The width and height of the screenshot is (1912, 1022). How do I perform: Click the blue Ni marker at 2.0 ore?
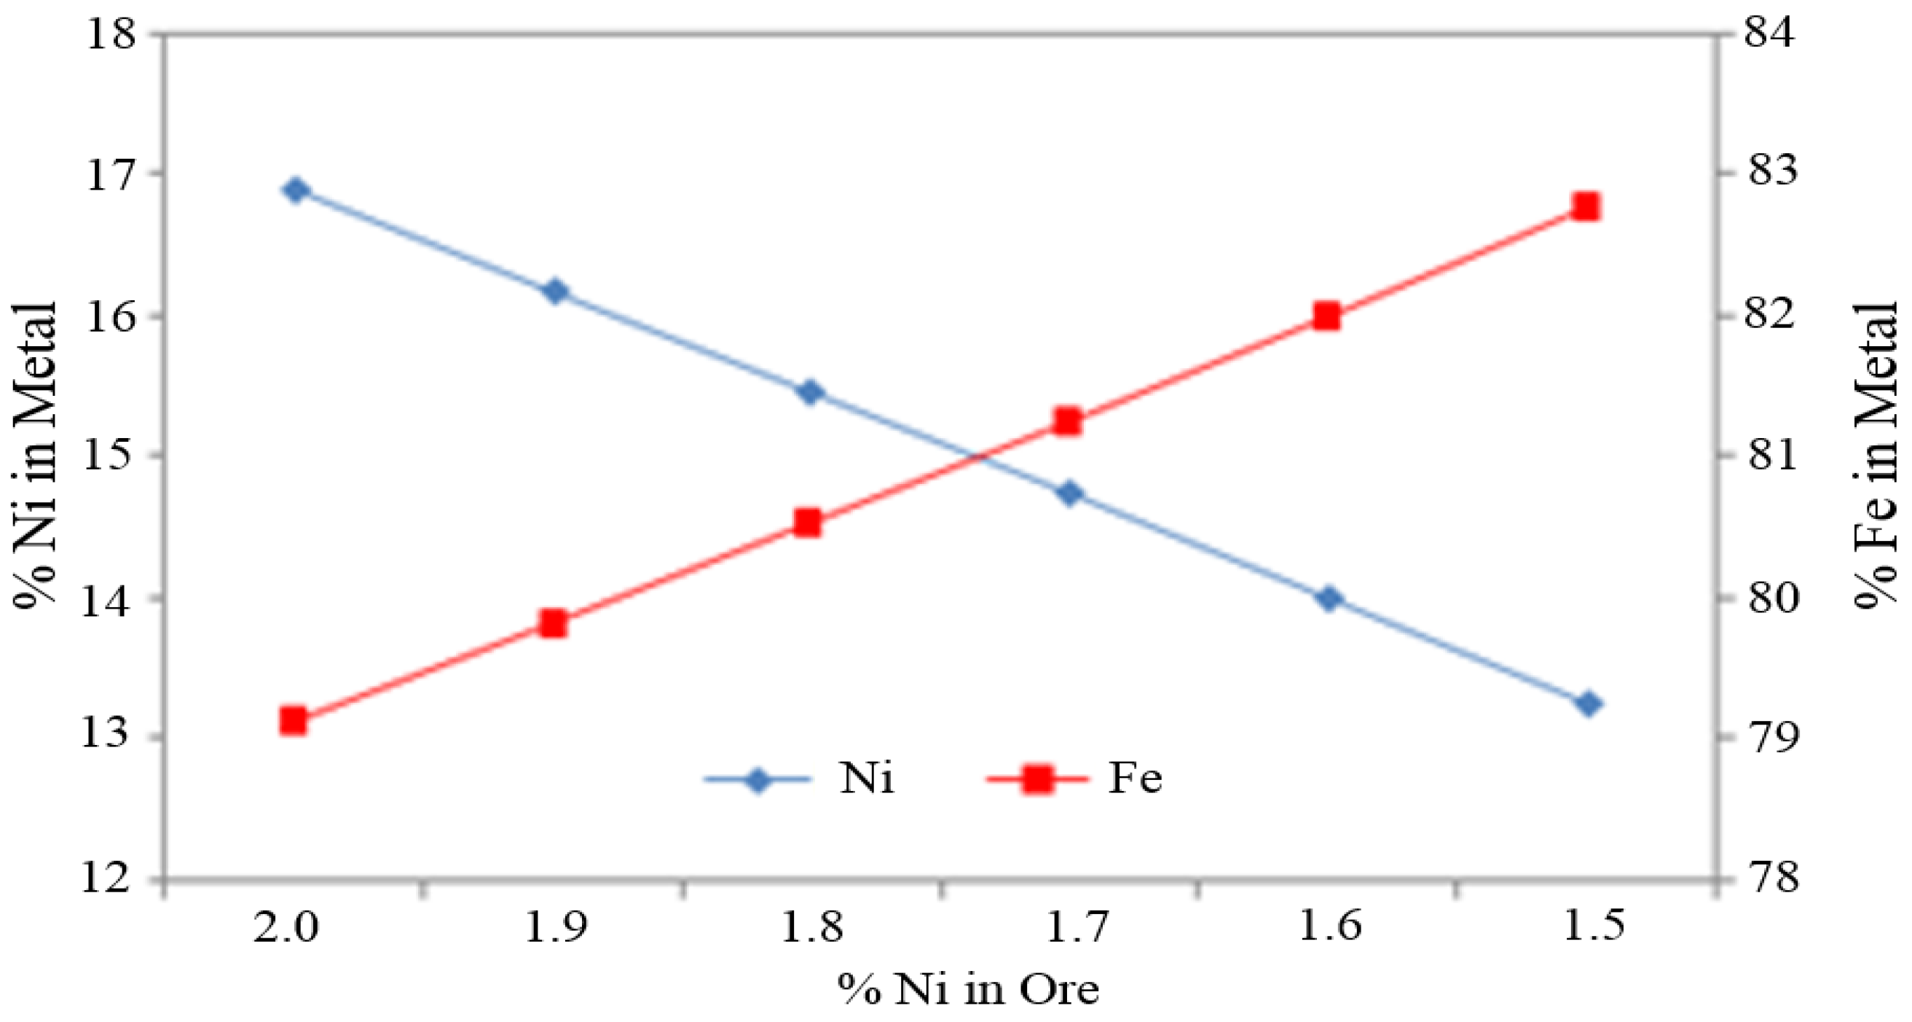[296, 191]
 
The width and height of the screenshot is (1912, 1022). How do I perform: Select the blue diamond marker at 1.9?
[554, 291]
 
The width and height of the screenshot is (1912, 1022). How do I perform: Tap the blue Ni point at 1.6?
[1329, 598]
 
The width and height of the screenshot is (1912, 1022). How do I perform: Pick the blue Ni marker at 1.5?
[1589, 703]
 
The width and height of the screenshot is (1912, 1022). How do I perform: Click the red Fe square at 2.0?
[294, 720]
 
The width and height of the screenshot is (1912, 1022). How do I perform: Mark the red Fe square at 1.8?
[808, 523]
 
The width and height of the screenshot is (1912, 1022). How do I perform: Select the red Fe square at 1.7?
[1067, 422]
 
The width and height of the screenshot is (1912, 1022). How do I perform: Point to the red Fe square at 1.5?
[1586, 207]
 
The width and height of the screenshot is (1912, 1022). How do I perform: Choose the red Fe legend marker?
[1037, 780]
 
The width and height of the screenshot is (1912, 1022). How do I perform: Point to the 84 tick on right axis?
[1771, 34]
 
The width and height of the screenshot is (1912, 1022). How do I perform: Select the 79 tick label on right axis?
[1771, 737]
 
